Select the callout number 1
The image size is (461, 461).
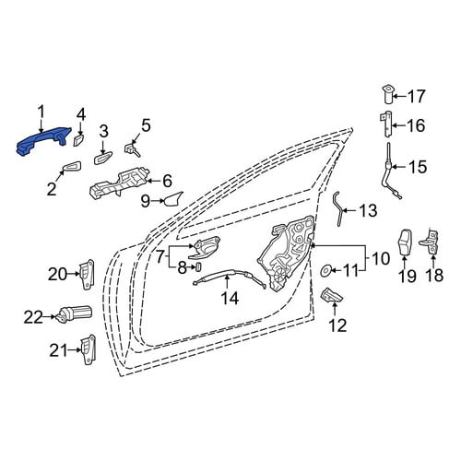[x=41, y=112]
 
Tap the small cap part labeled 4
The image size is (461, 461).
[x=77, y=139]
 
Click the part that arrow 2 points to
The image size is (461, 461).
[x=72, y=166]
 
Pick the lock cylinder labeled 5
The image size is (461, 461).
[x=132, y=149]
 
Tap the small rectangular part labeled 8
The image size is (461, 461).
[x=197, y=267]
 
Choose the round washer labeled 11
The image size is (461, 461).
[x=325, y=270]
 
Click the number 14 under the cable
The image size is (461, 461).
[x=230, y=298]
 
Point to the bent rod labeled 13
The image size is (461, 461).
[x=338, y=209]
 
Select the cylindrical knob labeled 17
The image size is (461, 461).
[x=388, y=95]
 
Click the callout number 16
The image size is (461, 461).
[x=416, y=125]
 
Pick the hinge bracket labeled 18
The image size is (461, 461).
[x=430, y=242]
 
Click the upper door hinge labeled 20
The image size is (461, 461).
[x=87, y=275]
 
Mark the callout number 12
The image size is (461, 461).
[x=337, y=325]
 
